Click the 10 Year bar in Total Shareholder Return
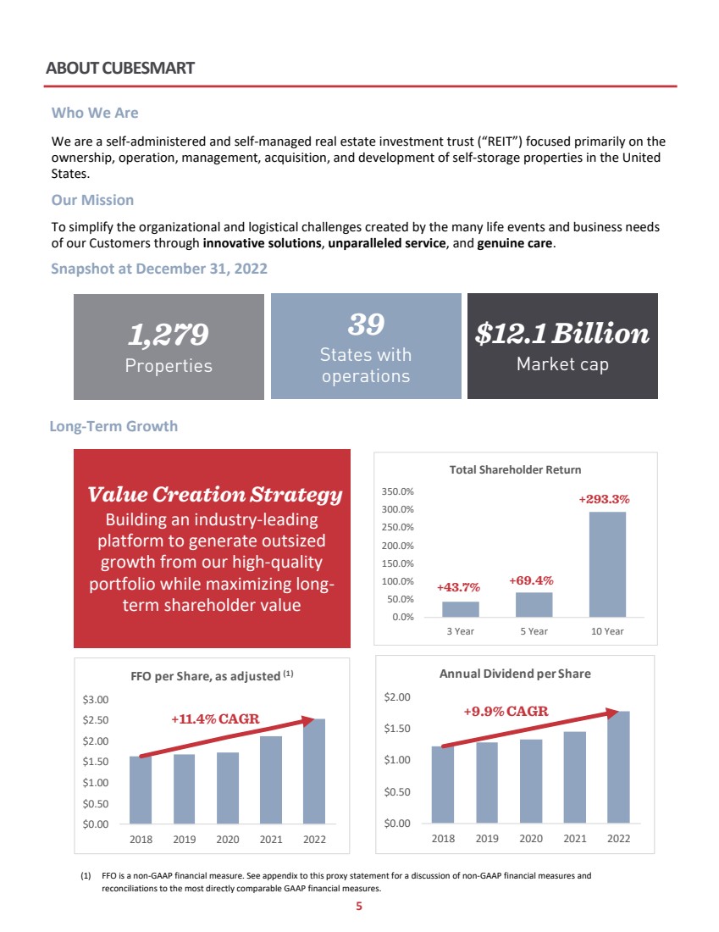click(607, 564)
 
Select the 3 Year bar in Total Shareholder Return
click(460, 609)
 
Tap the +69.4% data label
click(531, 580)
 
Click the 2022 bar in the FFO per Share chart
click(313, 771)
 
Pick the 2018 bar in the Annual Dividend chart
click(443, 785)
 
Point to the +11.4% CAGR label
click(215, 719)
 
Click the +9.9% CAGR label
click(506, 711)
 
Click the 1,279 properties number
click(169, 336)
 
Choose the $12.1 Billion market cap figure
click(562, 334)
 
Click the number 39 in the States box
click(366, 324)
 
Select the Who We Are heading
click(95, 112)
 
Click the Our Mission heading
click(92, 200)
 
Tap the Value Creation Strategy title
click(215, 494)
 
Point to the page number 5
click(359, 906)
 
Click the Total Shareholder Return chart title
click(515, 469)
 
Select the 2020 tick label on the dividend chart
click(530, 838)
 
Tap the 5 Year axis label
click(534, 631)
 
